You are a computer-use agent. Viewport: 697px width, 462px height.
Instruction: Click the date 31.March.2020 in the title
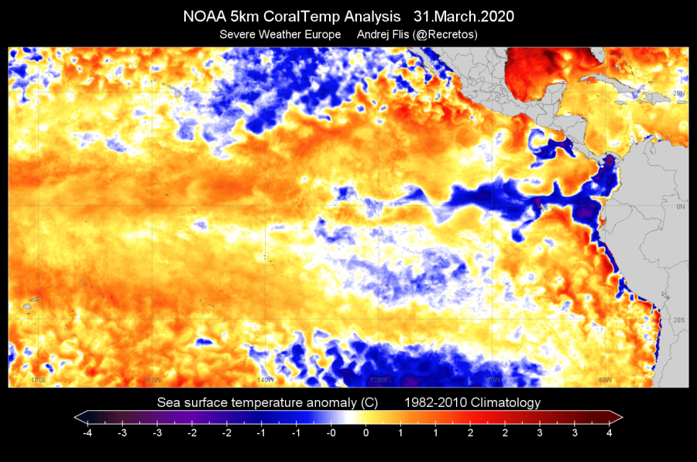(466, 16)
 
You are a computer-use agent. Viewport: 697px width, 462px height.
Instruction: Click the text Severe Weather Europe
(280, 34)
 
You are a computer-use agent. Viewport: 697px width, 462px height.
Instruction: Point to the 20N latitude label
(678, 93)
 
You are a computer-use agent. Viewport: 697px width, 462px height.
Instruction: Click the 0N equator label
(681, 207)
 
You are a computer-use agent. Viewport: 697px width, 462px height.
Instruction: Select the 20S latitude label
(678, 320)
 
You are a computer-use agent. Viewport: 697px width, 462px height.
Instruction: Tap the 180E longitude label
(38, 380)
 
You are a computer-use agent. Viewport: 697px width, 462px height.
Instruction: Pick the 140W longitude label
(266, 380)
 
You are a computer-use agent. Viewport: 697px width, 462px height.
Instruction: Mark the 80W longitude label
(606, 380)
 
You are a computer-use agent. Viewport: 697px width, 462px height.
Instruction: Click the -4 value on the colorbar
(86, 433)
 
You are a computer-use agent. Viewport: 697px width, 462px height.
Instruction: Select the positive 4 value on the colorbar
(609, 433)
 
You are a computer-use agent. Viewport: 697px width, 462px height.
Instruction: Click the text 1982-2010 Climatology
(472, 402)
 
